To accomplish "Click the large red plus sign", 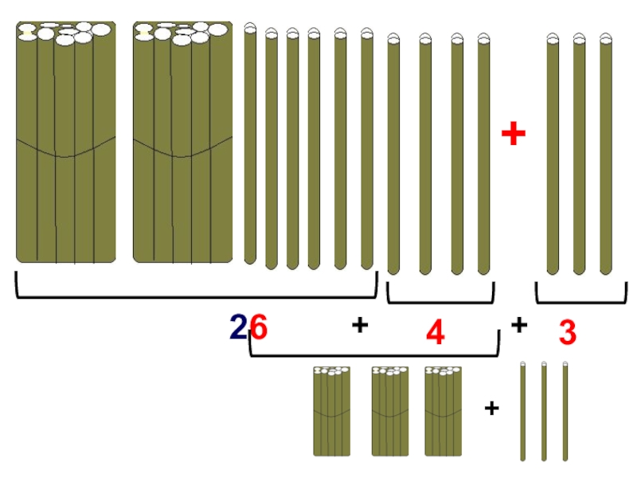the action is [514, 133].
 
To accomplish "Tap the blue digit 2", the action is [238, 327].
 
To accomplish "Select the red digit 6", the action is [259, 327].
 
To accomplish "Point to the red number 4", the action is [435, 332].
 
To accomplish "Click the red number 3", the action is [568, 332].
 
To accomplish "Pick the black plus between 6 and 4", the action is [360, 325].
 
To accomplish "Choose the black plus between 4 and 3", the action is [519, 325].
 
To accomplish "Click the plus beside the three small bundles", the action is [491, 408].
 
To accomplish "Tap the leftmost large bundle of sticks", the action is [66, 143].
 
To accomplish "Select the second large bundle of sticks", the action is [183, 143].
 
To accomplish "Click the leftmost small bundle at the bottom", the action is [332, 411].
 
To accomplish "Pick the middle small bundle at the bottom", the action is [390, 411].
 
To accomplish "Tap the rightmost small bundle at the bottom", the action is [444, 411].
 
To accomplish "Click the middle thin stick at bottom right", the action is [544, 411].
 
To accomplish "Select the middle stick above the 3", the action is [579, 155].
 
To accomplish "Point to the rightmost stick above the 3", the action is [606, 155].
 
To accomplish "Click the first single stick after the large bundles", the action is [250, 143].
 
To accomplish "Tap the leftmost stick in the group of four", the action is [393, 155].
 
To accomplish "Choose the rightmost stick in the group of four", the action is [483, 155].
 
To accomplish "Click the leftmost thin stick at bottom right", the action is [523, 411].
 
